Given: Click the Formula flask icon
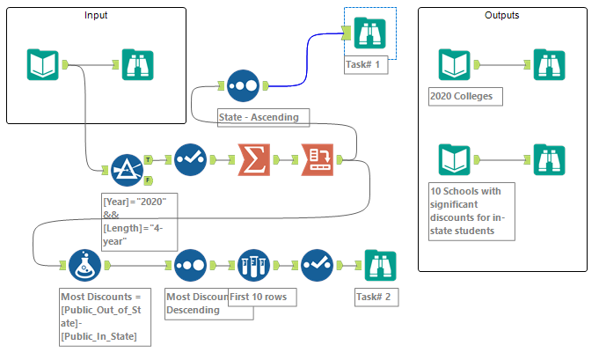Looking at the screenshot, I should coord(84,264).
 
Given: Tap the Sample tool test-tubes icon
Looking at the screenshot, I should coord(253,264).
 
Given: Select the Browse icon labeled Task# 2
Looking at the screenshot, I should coord(381,264).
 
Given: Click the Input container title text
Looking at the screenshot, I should coord(96,16).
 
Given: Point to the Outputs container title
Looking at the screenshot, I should coord(501,16).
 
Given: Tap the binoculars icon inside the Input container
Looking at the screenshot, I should coord(138,64).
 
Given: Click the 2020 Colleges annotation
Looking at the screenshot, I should coord(464,96).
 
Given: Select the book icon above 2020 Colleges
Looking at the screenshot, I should coord(455,64).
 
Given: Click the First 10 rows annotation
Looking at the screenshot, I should coord(262,296).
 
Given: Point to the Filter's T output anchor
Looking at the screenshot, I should coord(148,159).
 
